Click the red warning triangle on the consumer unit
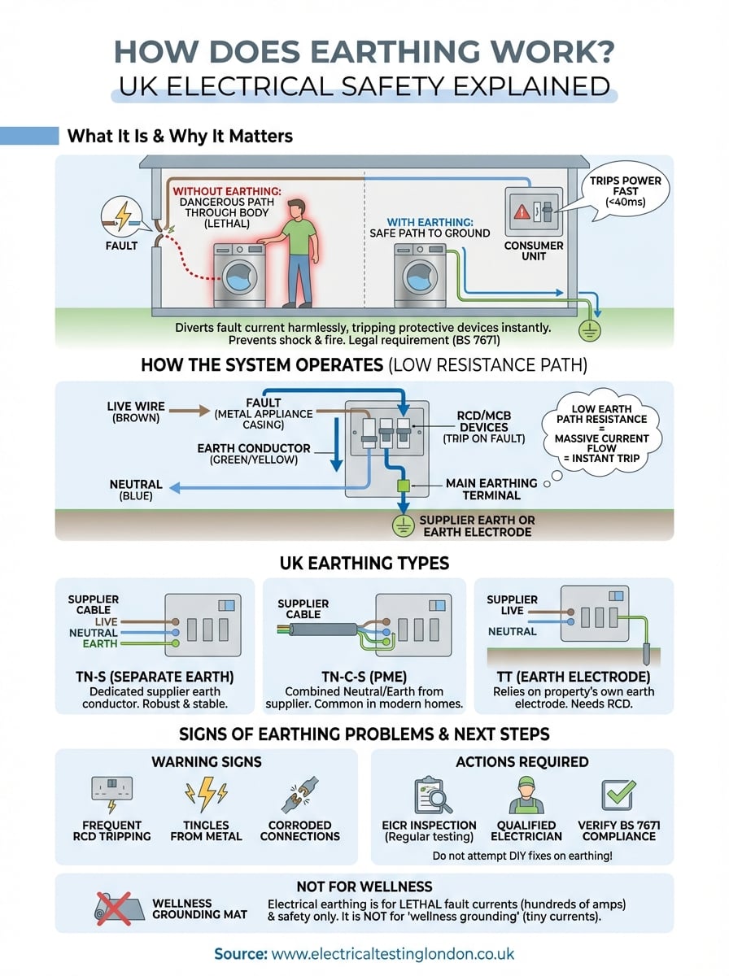521,212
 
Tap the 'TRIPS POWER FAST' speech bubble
625,191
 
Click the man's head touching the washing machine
296,208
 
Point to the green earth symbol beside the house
589,330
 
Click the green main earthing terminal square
403,486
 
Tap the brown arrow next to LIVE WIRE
189,411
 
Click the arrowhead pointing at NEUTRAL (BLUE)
174,488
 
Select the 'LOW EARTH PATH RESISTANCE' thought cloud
601,433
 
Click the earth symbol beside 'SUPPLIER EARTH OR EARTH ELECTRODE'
403,526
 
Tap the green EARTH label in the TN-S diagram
100,643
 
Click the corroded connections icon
300,794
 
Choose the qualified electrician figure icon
526,795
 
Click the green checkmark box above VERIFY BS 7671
618,795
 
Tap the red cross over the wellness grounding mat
114,908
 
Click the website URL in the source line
393,954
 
